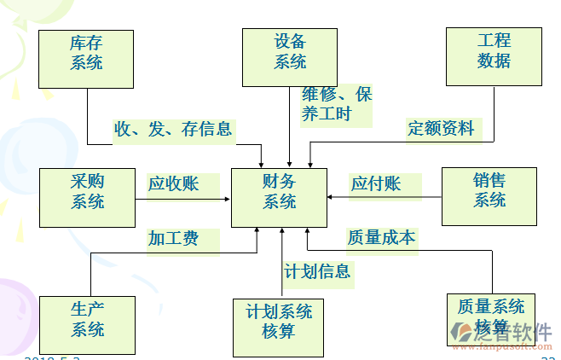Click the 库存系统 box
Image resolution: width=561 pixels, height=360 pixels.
pos(87,59)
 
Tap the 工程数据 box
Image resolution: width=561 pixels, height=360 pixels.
pos(494,56)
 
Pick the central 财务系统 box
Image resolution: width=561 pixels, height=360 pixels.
pos(279,197)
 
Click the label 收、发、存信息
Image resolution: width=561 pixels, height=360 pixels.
pos(174,129)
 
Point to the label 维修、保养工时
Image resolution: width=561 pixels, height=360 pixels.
pos(337,104)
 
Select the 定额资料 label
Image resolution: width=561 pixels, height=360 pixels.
pos(442,128)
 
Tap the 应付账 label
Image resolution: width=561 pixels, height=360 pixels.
pos(375,183)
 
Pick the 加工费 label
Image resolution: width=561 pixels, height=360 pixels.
pos(173,239)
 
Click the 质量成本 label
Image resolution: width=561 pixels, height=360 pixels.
pos(381,238)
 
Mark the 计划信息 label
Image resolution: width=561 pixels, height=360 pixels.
pos(317,271)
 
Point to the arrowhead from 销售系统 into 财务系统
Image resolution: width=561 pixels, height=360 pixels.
pos(332,199)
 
